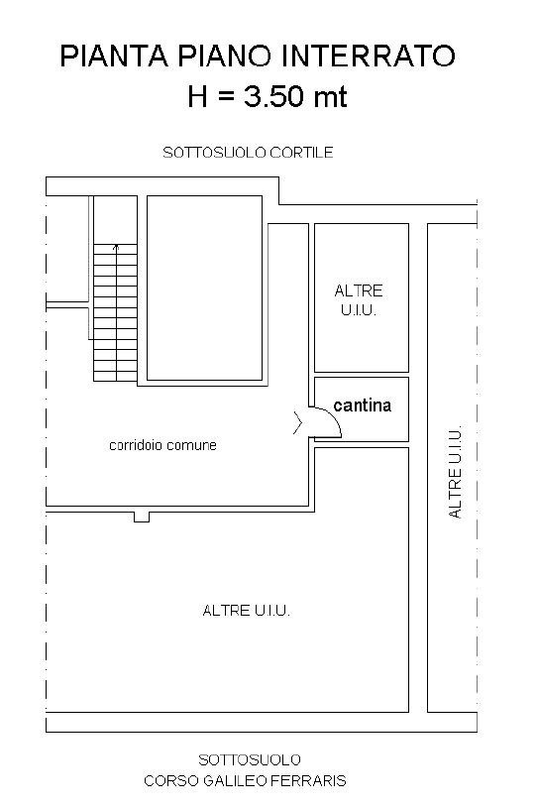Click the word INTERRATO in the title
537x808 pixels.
tap(366, 56)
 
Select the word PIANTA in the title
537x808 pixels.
tap(114, 56)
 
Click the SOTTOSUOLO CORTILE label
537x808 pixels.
tap(248, 153)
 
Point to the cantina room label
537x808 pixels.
tap(363, 405)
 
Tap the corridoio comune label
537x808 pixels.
tap(162, 445)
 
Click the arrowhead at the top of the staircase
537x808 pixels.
tap(116, 247)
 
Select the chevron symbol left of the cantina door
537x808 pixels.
tap(297, 422)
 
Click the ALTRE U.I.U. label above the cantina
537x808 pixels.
tap(359, 300)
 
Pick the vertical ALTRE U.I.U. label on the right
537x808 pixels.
tap(455, 472)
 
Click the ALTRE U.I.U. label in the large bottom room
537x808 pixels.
tap(246, 611)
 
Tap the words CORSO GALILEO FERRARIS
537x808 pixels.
tap(245, 781)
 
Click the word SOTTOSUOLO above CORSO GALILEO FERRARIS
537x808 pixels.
tap(250, 760)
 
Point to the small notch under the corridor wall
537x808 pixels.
tap(142, 517)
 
